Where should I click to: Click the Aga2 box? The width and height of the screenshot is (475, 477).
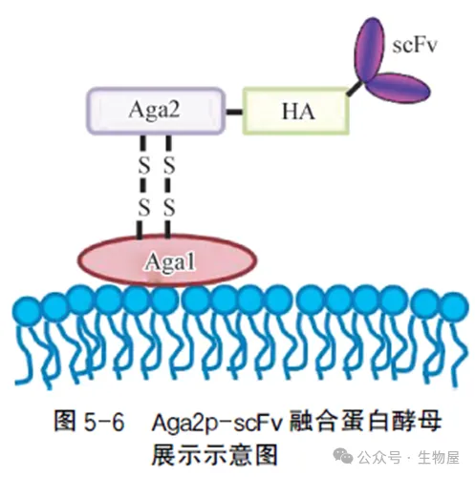(x=156, y=111)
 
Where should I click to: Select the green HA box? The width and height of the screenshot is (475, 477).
(x=296, y=111)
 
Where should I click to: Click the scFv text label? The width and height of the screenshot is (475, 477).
(x=414, y=45)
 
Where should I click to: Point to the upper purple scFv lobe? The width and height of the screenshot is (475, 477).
(x=370, y=49)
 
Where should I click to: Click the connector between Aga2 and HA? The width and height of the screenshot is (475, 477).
(x=234, y=112)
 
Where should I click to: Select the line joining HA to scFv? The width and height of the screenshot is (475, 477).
(x=355, y=89)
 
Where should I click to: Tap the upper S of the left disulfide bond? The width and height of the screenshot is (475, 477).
(x=144, y=165)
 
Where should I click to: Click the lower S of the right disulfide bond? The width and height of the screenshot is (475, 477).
(x=169, y=208)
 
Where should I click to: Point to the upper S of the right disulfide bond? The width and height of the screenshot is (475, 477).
(x=169, y=165)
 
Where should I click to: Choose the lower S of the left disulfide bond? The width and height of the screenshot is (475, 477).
(x=144, y=208)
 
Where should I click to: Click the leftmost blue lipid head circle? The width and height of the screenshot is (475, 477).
(x=27, y=311)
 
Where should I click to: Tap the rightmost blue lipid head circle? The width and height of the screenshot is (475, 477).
(x=454, y=306)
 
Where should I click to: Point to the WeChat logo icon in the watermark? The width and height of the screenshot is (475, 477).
(x=342, y=456)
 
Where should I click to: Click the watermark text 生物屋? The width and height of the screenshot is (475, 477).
(x=438, y=458)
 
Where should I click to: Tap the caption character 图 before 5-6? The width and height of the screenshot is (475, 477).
(x=65, y=421)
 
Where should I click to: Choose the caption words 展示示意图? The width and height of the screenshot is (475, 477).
(x=215, y=454)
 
